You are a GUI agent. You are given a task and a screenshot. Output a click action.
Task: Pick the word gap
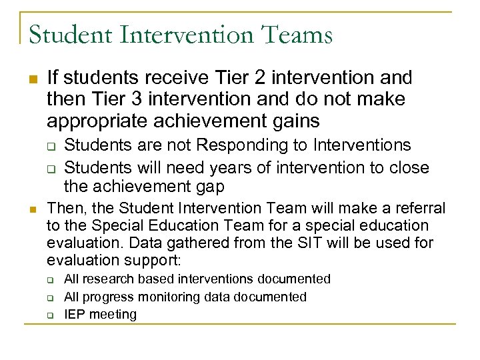(208, 185)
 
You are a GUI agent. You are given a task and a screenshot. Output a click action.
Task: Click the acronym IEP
(75, 314)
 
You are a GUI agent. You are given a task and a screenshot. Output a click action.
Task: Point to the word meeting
(113, 315)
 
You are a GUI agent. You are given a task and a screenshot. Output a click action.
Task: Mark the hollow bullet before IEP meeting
(51, 315)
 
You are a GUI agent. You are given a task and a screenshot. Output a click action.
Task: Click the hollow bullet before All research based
(51, 279)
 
